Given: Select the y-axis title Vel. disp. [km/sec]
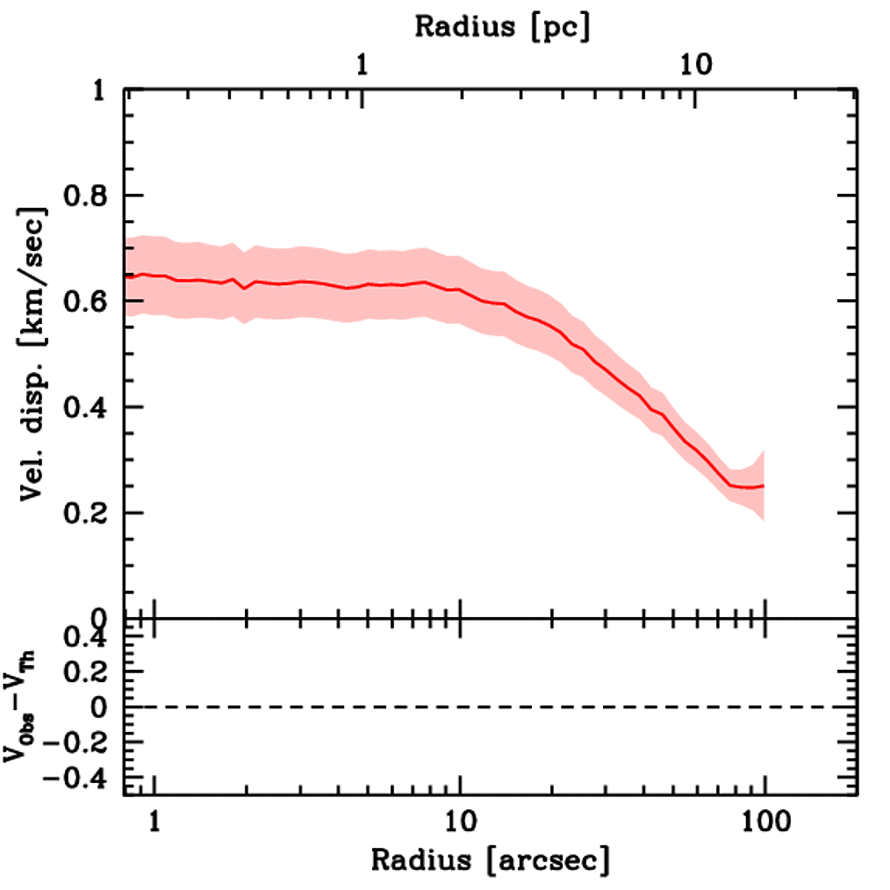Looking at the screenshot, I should click(33, 355).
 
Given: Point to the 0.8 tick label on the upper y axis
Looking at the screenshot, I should click(85, 196).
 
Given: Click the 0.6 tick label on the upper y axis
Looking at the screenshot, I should click(85, 302).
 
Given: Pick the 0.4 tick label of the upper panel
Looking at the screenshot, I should click(85, 408).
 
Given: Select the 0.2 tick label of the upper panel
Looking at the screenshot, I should click(85, 514).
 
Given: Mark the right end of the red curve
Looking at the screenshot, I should click(763, 486).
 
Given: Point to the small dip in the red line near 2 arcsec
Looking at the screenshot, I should click(245, 288).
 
